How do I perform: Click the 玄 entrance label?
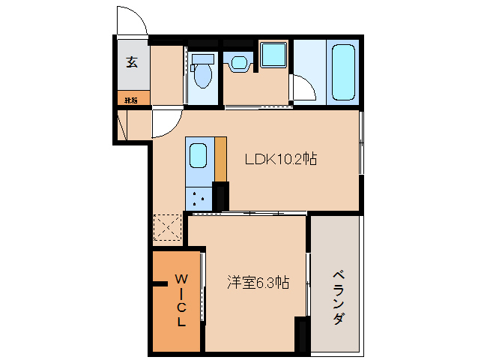[132, 62]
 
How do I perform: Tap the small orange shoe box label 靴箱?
[131, 98]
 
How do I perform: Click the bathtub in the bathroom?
[342, 71]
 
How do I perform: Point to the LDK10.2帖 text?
[281, 159]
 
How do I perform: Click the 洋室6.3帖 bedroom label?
[258, 283]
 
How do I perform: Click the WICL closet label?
[181, 300]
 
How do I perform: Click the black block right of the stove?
[220, 196]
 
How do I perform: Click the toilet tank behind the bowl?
[201, 59]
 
